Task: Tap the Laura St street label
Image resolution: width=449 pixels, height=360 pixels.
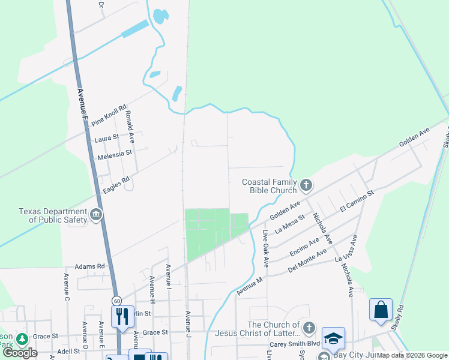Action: [x=107, y=139]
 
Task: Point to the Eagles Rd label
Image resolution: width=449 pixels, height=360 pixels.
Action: [x=116, y=182]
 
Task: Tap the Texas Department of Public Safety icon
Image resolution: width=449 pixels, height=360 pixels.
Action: [x=96, y=215]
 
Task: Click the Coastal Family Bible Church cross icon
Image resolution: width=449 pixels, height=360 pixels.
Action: [x=306, y=185]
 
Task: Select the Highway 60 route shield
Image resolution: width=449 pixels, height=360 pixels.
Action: [x=116, y=300]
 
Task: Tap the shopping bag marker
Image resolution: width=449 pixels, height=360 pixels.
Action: [x=381, y=310]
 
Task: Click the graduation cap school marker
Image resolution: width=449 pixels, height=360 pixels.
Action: [x=333, y=338]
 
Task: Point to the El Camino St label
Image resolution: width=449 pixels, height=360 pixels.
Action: [x=357, y=201]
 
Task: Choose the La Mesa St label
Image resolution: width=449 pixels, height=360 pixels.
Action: [x=290, y=224]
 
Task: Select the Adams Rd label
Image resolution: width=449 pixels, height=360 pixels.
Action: [x=89, y=266]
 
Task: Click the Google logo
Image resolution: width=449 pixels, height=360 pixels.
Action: [x=20, y=353]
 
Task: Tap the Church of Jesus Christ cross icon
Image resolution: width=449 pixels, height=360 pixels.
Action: [x=309, y=328]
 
